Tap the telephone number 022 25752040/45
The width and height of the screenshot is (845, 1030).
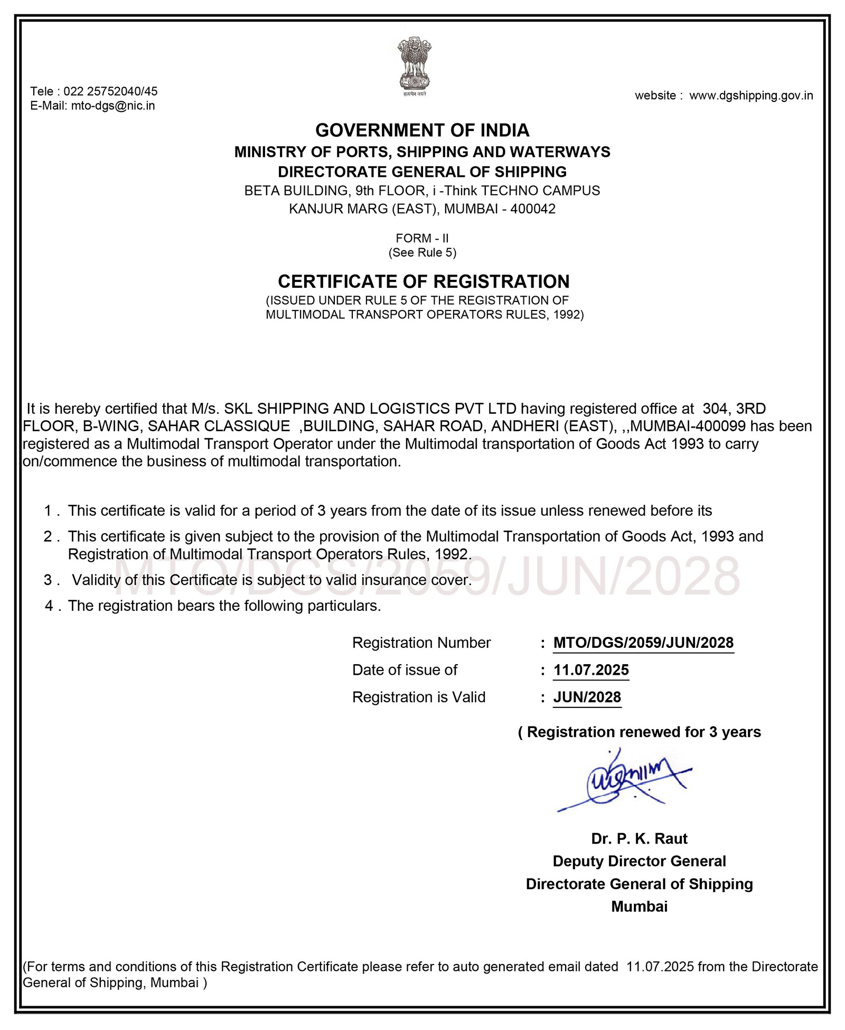pyautogui.click(x=110, y=91)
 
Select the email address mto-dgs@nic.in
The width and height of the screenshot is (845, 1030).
pyautogui.click(x=113, y=106)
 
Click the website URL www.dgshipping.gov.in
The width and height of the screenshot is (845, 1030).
pyautogui.click(x=751, y=96)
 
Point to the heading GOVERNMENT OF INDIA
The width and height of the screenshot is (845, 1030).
pyautogui.click(x=422, y=130)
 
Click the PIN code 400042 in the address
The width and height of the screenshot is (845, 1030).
pyautogui.click(x=533, y=209)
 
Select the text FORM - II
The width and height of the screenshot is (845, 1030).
pyautogui.click(x=422, y=239)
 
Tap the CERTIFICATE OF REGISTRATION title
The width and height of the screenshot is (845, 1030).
pyautogui.click(x=424, y=281)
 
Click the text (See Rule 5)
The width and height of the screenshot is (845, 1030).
pyautogui.click(x=422, y=253)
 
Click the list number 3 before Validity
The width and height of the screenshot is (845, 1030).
pyautogui.click(x=48, y=580)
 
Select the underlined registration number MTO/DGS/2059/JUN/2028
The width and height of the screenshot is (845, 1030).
pyautogui.click(x=643, y=643)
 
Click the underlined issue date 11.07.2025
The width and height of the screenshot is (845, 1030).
pyautogui.click(x=591, y=670)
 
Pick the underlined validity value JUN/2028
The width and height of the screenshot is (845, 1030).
pyautogui.click(x=587, y=697)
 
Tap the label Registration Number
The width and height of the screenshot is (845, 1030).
pyautogui.click(x=421, y=643)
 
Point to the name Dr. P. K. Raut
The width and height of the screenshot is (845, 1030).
pyautogui.click(x=639, y=839)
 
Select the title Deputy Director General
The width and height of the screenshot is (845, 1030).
pyautogui.click(x=639, y=862)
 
